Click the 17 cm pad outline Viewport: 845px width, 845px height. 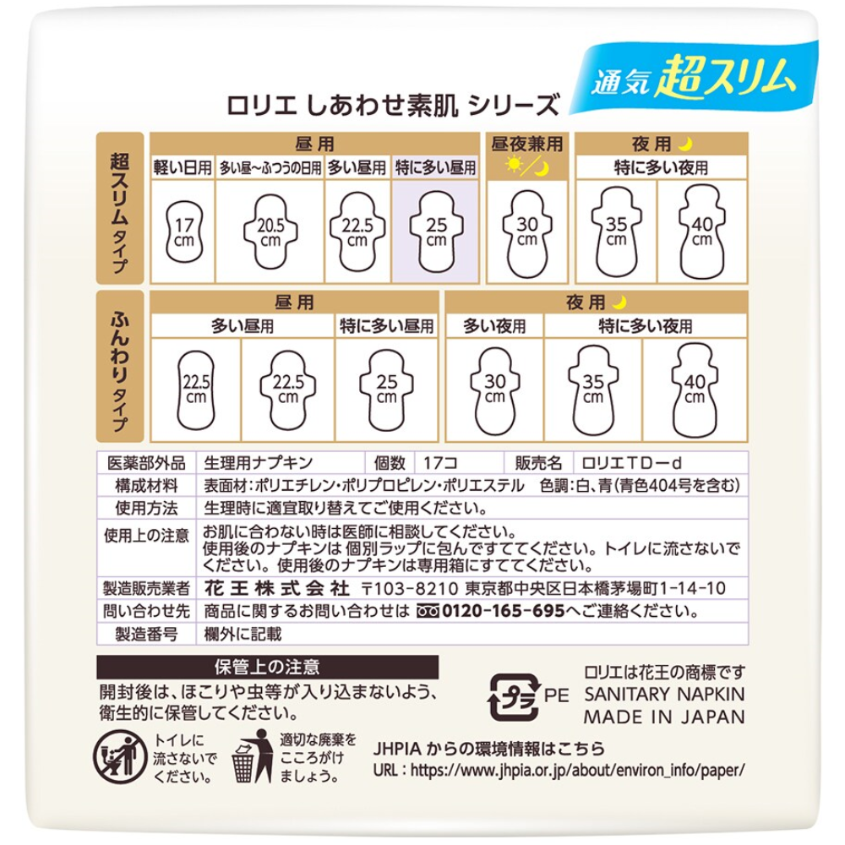click(183, 232)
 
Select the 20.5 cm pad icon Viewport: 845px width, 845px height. click(270, 232)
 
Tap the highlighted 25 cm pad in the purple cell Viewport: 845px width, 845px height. click(436, 232)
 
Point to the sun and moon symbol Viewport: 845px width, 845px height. click(527, 166)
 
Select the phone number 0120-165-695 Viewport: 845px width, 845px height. click(504, 611)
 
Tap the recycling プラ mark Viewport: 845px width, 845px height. click(514, 697)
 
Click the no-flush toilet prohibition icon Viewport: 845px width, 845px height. click(119, 757)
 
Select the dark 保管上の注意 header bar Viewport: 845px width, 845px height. click(267, 668)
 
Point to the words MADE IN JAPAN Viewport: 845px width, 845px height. click(664, 717)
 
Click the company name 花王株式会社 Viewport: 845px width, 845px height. click(277, 588)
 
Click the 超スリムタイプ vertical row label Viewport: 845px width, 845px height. click(120, 208)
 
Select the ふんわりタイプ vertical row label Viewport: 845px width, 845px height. click(120, 367)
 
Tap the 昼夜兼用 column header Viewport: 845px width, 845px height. click(527, 144)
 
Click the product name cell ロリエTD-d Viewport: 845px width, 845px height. click(631, 463)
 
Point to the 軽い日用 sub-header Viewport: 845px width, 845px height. click(183, 167)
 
